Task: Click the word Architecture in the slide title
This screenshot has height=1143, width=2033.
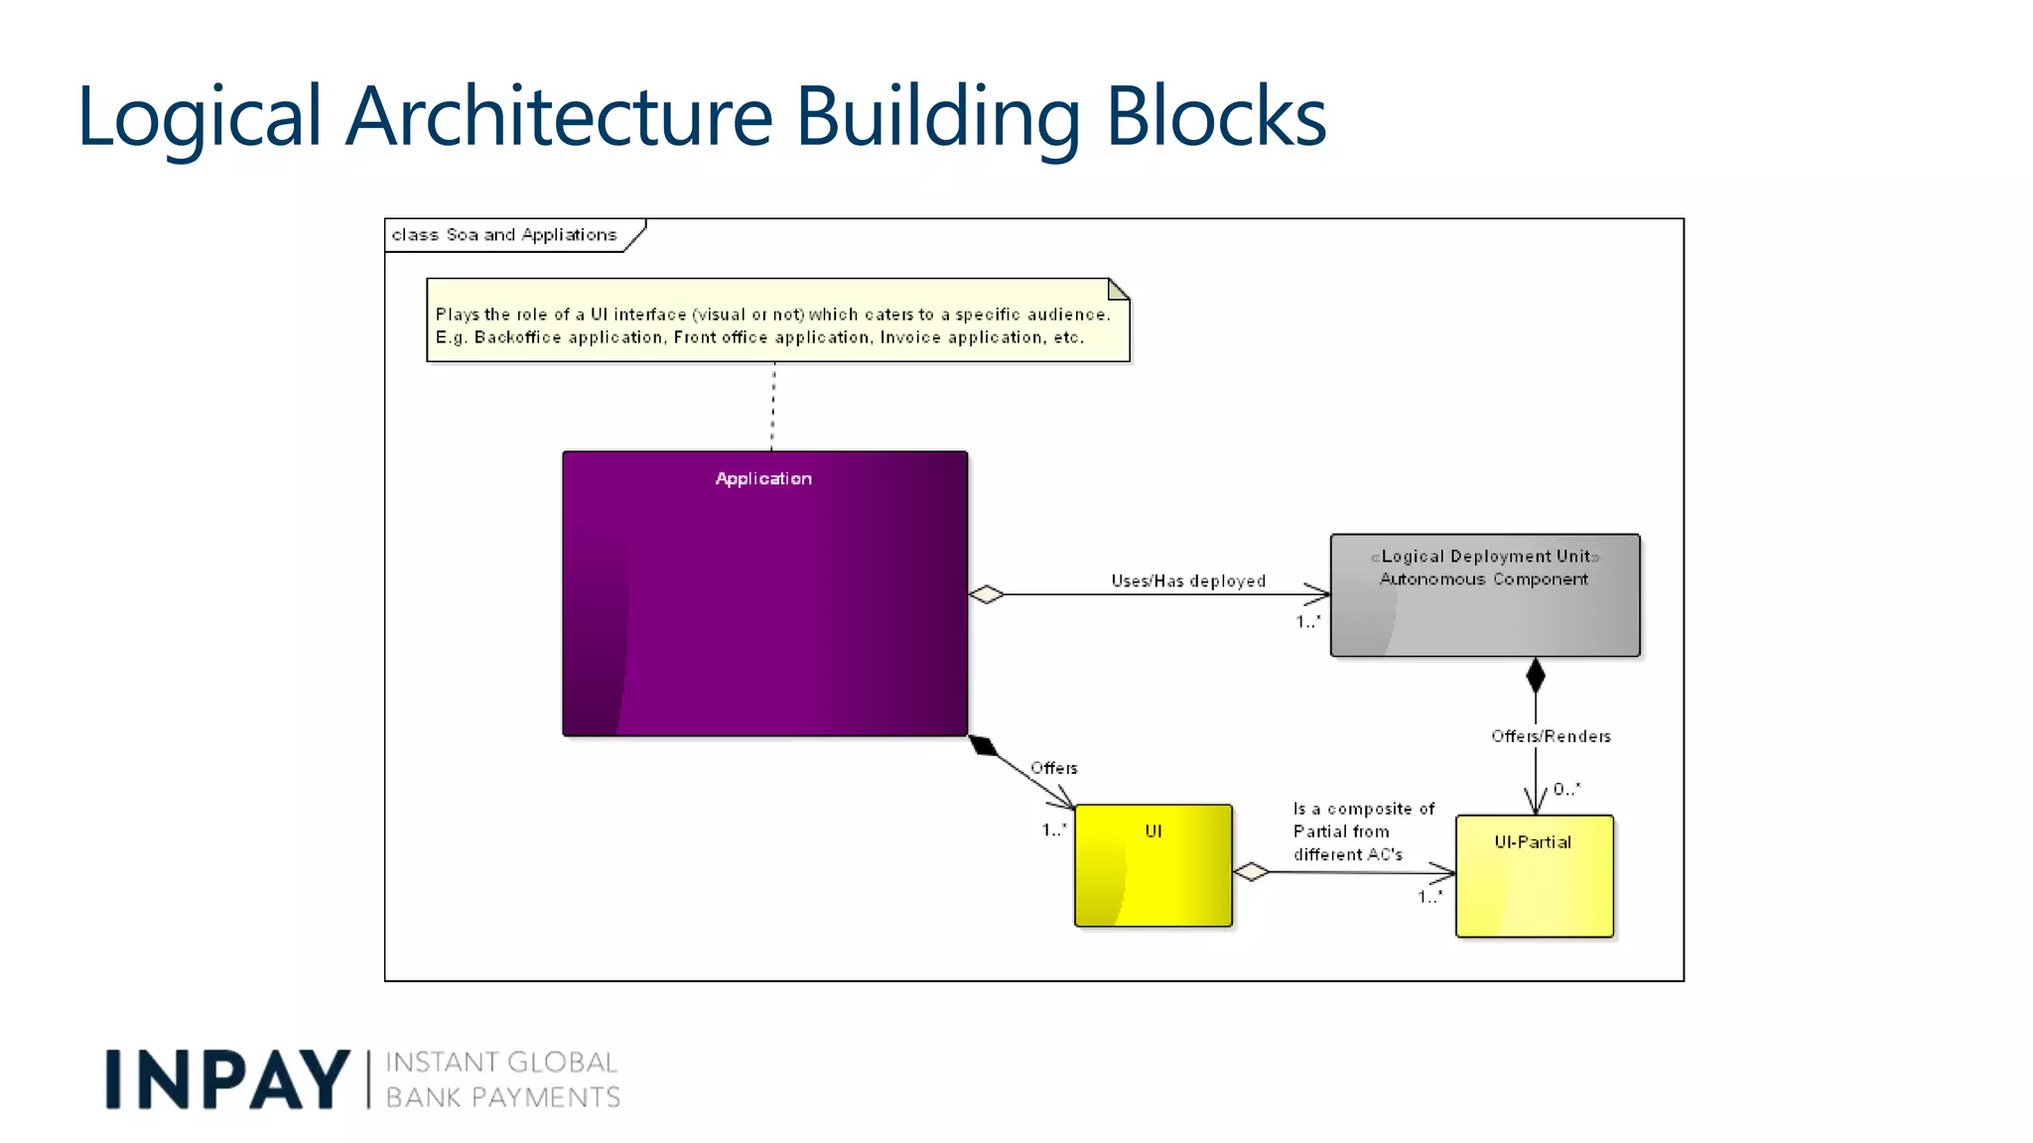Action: pos(559,116)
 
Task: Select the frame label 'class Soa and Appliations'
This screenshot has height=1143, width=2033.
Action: pos(504,235)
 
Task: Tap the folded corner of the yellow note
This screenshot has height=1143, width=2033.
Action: pos(1119,289)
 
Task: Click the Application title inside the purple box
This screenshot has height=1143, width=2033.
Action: pos(763,478)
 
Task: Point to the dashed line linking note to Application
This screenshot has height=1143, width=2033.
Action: pos(773,407)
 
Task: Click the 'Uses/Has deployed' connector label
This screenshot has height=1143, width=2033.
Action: pos(1188,580)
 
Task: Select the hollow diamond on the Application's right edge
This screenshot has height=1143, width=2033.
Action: pos(986,594)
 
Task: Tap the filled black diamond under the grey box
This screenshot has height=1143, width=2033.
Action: pos(1536,676)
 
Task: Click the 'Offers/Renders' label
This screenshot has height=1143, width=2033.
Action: pos(1551,736)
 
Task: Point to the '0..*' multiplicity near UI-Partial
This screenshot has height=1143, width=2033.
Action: pos(1566,789)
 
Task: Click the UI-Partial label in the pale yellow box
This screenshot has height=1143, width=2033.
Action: pos(1533,842)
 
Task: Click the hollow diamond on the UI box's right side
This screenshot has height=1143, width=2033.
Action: pos(1251,871)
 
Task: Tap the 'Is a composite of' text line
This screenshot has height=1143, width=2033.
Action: pos(1364,809)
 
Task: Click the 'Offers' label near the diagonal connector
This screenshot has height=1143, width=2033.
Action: pos(1053,768)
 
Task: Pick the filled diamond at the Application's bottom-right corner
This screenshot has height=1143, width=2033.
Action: pos(983,745)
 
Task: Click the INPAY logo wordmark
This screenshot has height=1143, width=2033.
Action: pos(227,1079)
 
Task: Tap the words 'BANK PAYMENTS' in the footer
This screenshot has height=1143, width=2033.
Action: pos(502,1097)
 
